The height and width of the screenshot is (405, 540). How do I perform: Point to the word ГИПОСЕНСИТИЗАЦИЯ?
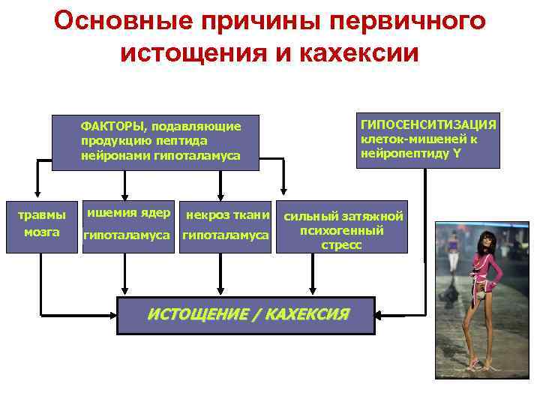pos(428,124)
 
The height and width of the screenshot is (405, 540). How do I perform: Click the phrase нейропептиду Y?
pos(411,153)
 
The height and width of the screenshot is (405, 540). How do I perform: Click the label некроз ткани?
pos(226,215)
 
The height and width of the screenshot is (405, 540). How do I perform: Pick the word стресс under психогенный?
pos(341,244)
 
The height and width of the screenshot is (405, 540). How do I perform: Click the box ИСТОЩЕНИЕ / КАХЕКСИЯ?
pos(247,315)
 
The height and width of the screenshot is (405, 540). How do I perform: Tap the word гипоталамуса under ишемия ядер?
pos(129,236)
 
